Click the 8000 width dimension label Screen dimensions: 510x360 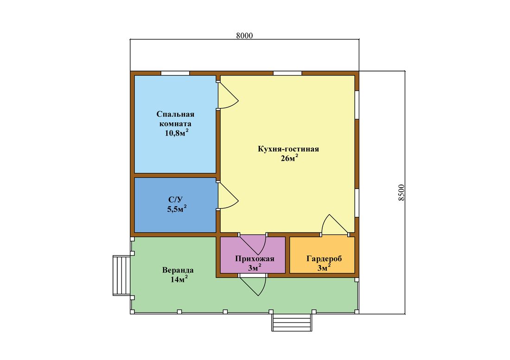tap(244, 36)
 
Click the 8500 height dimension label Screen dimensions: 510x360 tap(402, 192)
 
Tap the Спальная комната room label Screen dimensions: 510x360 tap(175, 119)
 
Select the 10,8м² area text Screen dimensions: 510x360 tap(177, 133)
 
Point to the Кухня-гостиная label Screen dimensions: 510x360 tap(288, 149)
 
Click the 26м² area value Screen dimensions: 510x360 tap(289, 158)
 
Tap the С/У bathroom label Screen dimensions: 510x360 tap(176, 200)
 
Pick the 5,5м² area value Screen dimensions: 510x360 tap(177, 208)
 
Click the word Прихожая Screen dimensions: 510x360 tap(255, 259)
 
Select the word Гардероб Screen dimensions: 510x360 tap(324, 259)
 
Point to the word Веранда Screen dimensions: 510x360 tap(178, 270)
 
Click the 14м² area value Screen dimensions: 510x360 tap(179, 279)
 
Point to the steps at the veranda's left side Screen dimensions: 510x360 tap(121, 276)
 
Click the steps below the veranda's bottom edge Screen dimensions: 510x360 tap(292, 322)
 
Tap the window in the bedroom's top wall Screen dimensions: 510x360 tap(175, 73)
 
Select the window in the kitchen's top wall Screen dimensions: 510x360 tap(287, 73)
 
